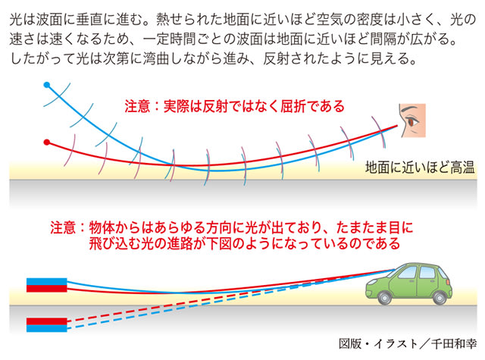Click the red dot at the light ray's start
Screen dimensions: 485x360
click(47, 142)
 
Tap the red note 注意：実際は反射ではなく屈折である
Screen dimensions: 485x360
click(235, 106)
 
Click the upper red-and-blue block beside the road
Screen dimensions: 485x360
click(47, 285)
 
